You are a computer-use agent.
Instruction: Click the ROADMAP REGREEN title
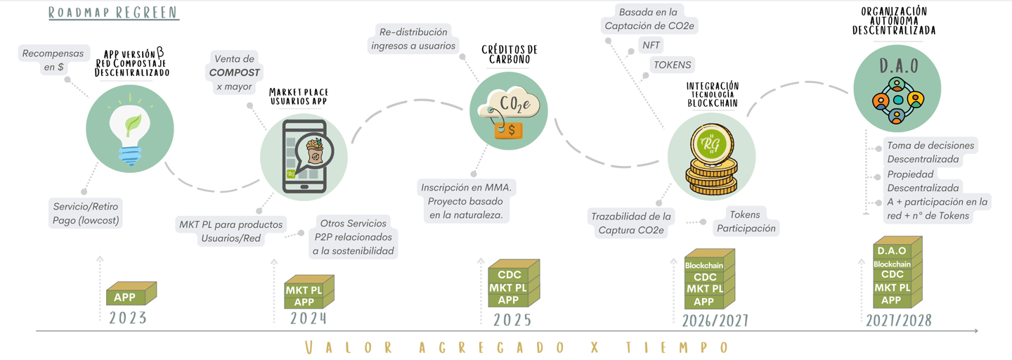coord(113,13)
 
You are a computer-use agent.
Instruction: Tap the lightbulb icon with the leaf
coord(130,129)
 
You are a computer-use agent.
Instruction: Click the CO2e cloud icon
coord(508,110)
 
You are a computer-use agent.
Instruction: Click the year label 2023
coord(128,318)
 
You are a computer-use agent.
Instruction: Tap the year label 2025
coord(512,320)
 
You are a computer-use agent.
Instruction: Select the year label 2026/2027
coord(715,321)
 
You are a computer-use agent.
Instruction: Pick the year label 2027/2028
coord(898,321)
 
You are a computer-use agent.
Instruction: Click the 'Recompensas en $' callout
coord(53,60)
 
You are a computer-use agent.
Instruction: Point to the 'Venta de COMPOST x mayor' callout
coord(235,72)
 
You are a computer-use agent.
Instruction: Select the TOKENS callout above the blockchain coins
coord(673,65)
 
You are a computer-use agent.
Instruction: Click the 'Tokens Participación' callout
coord(746,221)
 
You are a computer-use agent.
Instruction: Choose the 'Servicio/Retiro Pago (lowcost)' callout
coord(86,213)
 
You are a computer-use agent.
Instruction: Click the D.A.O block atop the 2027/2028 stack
coord(892,251)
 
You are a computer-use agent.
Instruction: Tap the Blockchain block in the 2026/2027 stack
coord(703,265)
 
